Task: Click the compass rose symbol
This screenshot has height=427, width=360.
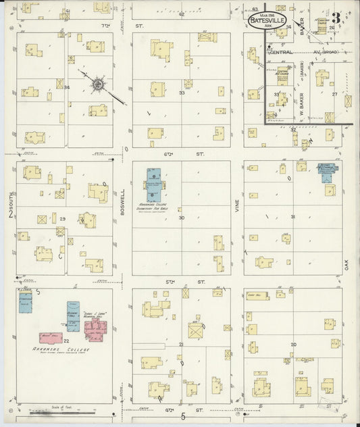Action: (x=99, y=84)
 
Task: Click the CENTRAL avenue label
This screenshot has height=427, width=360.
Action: (x=282, y=51)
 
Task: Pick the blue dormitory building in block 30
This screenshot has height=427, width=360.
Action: (x=155, y=183)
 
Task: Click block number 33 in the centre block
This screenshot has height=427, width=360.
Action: (x=181, y=93)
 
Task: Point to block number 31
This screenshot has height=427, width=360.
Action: (x=292, y=216)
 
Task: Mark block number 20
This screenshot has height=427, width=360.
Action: (x=292, y=345)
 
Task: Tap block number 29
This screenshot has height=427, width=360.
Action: (x=62, y=219)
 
